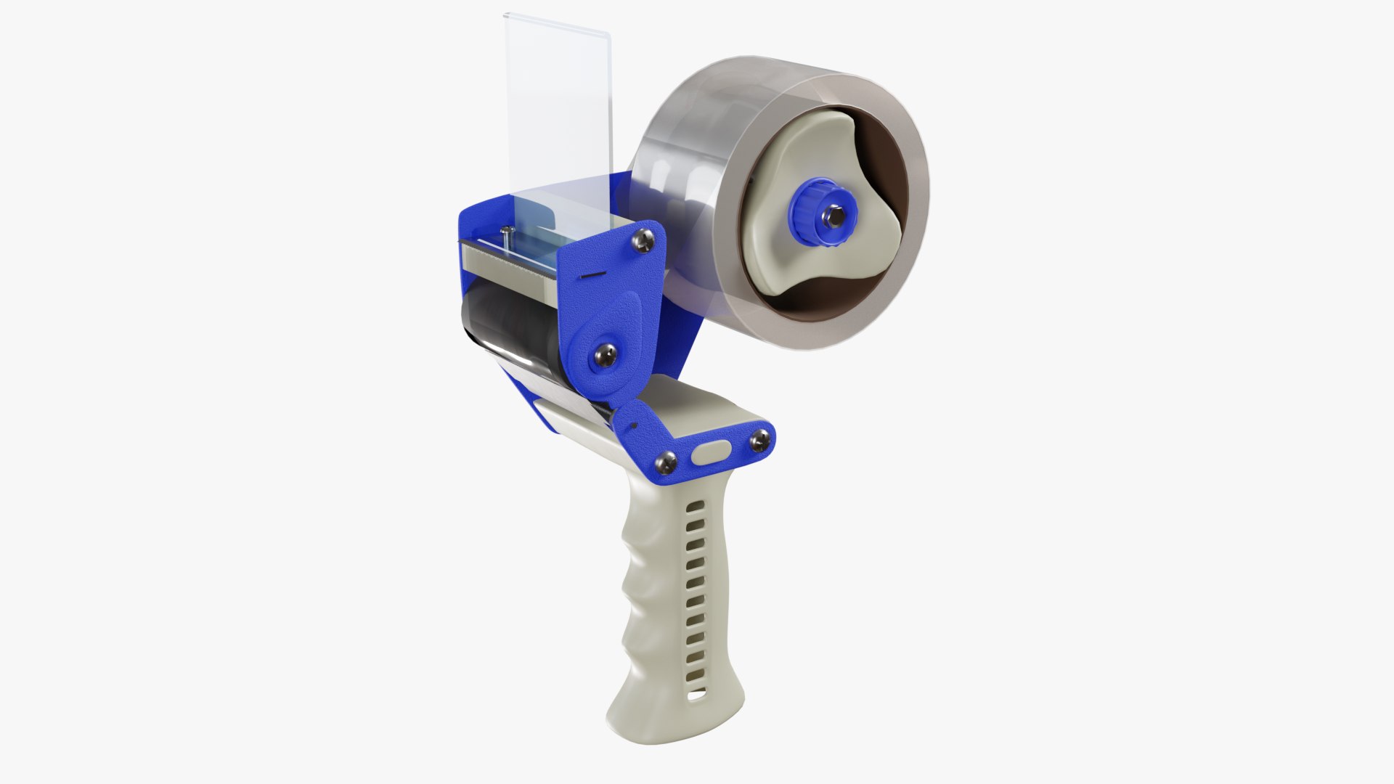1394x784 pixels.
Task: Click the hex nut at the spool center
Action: click(x=830, y=216)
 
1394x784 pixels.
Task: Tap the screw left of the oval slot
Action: click(x=667, y=460)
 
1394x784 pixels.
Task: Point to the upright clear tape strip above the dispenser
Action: click(x=559, y=109)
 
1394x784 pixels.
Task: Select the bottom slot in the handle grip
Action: click(x=697, y=697)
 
